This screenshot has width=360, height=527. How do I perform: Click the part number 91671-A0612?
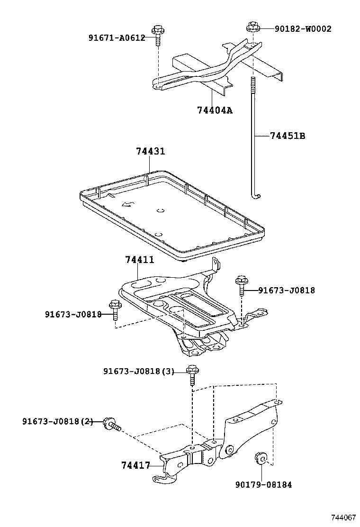(117, 38)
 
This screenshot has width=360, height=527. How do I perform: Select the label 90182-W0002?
(303, 29)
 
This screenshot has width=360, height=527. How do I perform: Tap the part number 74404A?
(215, 110)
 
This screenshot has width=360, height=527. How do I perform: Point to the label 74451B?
(288, 136)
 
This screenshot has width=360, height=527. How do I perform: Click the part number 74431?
(150, 152)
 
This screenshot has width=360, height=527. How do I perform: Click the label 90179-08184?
(263, 484)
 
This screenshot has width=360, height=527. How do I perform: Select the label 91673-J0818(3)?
(139, 372)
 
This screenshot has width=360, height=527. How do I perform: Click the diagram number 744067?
(343, 517)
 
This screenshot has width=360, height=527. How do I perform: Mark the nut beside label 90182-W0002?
(252, 27)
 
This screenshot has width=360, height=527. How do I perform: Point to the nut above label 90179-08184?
(261, 458)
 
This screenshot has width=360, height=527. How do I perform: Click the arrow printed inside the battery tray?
(127, 204)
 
